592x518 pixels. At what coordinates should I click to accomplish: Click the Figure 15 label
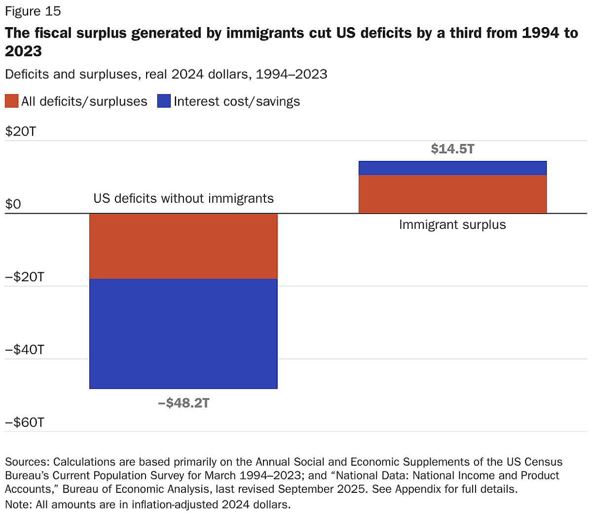point(33,11)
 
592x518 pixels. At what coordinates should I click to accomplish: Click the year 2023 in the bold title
point(23,51)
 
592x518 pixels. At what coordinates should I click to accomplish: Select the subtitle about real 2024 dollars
point(166,74)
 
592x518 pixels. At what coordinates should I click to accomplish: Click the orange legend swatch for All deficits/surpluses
point(11,101)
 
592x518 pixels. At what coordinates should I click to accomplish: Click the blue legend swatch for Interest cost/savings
point(164,101)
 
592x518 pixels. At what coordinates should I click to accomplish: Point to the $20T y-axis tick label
point(20,132)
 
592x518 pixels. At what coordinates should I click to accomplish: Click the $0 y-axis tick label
point(13,204)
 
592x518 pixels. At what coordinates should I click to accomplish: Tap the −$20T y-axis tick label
point(24,277)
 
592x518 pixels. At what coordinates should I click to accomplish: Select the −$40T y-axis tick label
point(24,350)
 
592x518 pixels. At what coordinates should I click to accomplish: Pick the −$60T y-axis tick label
point(24,423)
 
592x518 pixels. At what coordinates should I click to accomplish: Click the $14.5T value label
point(452,149)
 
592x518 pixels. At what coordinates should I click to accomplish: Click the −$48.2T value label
point(184,403)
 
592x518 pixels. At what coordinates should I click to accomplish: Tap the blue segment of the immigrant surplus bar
point(452,168)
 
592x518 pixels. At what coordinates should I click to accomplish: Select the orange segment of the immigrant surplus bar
point(452,194)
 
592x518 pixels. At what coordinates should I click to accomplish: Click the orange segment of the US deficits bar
point(184,246)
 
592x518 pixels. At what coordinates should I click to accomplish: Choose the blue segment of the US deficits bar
point(184,334)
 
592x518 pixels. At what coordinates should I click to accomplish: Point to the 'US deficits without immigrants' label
point(184,198)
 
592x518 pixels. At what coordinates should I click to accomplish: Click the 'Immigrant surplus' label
point(452,225)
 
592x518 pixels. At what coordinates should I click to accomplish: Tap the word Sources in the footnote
point(26,462)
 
